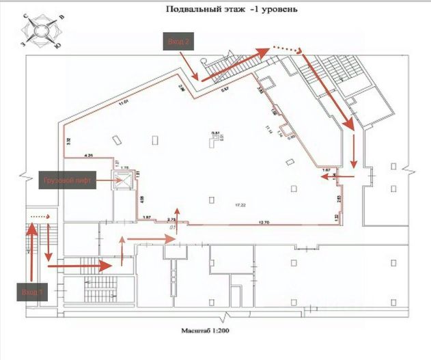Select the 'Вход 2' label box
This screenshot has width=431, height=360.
pyautogui.click(x=178, y=42)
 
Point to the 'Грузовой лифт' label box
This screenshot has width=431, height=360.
pyautogui.click(x=68, y=181)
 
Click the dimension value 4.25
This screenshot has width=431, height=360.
pyautogui.click(x=89, y=156)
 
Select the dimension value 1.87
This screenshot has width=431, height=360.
pyautogui.click(x=145, y=218)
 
